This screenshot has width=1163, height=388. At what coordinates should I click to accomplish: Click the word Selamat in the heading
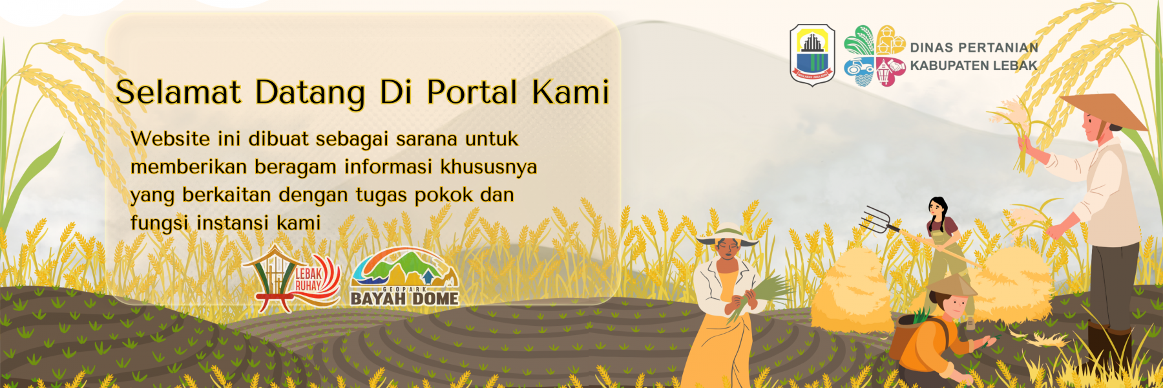(x=178, y=92)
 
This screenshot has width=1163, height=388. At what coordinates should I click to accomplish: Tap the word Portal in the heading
(x=472, y=92)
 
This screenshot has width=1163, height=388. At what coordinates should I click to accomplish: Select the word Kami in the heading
(x=571, y=92)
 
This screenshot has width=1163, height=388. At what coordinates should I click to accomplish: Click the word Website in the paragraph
(x=171, y=138)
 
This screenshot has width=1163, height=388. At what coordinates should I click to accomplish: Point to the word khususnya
(x=488, y=167)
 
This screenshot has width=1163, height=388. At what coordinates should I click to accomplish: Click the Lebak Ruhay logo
(x=292, y=278)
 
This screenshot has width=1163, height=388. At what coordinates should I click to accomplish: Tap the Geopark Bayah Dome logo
(x=405, y=277)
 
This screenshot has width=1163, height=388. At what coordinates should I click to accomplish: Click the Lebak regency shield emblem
(x=813, y=54)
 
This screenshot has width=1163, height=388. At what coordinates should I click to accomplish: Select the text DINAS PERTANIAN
(x=974, y=47)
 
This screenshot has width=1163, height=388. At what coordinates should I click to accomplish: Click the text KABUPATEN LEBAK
(x=974, y=65)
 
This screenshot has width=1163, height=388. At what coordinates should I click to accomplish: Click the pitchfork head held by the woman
(x=875, y=220)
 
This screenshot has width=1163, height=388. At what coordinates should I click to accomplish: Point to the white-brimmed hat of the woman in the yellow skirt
(x=728, y=234)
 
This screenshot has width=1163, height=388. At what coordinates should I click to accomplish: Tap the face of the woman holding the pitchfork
(x=935, y=208)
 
